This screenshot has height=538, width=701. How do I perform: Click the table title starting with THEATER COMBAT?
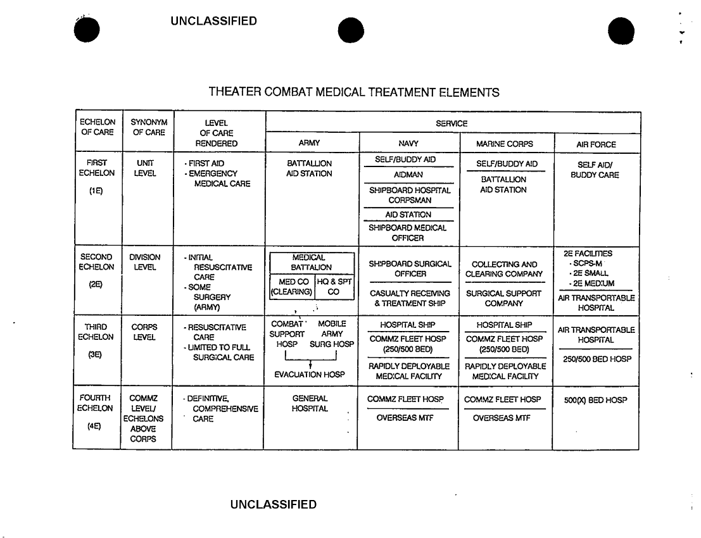click(354, 92)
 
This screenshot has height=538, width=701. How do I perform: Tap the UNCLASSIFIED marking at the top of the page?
click(213, 22)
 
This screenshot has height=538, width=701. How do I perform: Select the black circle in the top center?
click(351, 30)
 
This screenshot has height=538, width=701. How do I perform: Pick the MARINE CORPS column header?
click(505, 144)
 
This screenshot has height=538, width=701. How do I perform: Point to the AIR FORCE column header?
click(596, 144)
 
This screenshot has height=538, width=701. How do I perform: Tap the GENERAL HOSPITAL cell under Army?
click(310, 404)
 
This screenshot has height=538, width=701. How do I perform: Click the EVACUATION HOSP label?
click(310, 375)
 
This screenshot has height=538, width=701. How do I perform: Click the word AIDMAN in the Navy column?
click(408, 175)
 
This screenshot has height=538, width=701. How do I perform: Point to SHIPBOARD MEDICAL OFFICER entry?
click(408, 233)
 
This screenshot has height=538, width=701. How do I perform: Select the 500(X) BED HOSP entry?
click(595, 400)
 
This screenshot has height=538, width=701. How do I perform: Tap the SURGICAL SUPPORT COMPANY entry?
click(504, 298)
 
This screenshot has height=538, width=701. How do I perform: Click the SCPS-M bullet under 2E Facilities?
click(590, 263)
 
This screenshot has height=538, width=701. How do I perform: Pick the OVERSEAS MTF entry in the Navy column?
click(408, 418)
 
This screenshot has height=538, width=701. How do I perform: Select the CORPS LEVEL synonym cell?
click(145, 332)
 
